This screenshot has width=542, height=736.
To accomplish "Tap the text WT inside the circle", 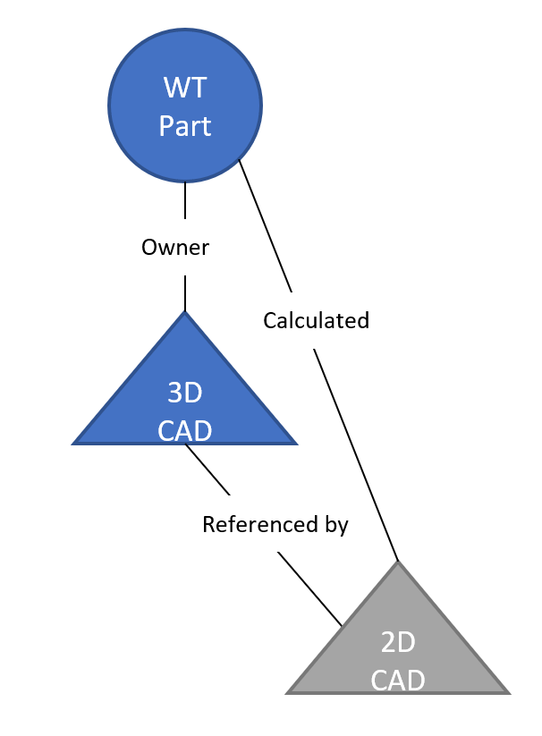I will tap(185, 88).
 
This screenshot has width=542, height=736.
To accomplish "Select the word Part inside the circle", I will tap(185, 126).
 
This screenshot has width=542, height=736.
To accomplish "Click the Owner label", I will tap(175, 248).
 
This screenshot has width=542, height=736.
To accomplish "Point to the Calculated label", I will tap(316, 320).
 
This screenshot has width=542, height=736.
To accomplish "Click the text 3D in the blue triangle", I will tap(185, 393).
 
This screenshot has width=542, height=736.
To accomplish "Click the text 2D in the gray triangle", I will tap(398, 642).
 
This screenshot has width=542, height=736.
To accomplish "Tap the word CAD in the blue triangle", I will tap(185, 431).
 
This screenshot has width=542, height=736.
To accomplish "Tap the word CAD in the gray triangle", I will tap(398, 681).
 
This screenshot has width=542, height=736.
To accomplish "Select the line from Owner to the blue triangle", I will tap(185, 293).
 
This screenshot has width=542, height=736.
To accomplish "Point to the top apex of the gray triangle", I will tap(398, 563).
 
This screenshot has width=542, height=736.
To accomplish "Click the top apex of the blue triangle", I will tap(185, 313).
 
